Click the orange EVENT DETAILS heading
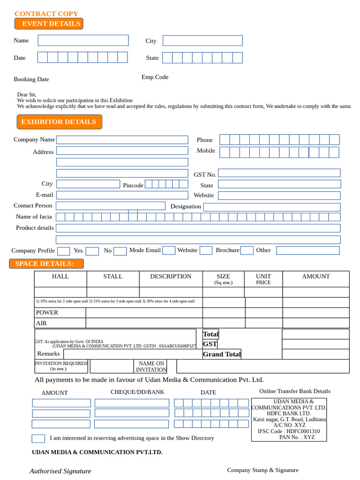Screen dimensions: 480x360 click(49, 24)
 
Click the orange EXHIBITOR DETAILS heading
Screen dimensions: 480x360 click(59, 122)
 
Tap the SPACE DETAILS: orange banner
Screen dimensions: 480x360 click(46, 264)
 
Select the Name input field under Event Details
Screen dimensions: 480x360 click(83, 40)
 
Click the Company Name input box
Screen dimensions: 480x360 click(122, 140)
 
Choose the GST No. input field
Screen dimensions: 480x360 click(279, 173)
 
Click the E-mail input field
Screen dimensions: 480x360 click(122, 195)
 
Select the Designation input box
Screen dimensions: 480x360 click(272, 207)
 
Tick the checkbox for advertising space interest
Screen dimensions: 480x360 click(38, 439)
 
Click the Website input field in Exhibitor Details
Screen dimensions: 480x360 click(279, 195)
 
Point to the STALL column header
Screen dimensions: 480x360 click(112, 277)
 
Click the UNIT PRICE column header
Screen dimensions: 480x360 click(263, 279)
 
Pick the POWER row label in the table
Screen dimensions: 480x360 click(47, 313)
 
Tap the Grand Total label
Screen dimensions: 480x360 click(222, 354)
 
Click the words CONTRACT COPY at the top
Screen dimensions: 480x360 click(46, 14)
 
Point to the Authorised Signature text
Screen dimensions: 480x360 click(60, 471)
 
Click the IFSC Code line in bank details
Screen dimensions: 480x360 click(289, 431)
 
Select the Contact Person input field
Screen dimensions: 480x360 click(111, 206)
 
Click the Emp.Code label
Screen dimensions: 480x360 click(155, 77)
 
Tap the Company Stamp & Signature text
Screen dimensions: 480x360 click(262, 470)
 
